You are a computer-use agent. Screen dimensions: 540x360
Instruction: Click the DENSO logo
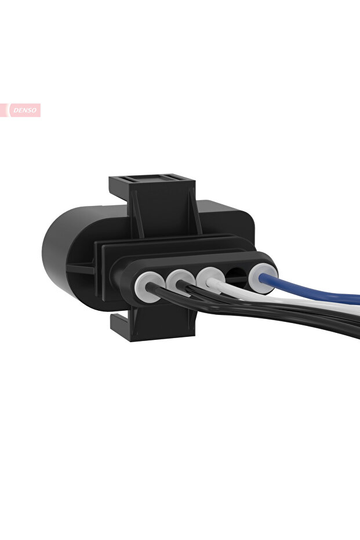click(x=24, y=110)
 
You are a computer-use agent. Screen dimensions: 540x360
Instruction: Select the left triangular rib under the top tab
click(x=136, y=215)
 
